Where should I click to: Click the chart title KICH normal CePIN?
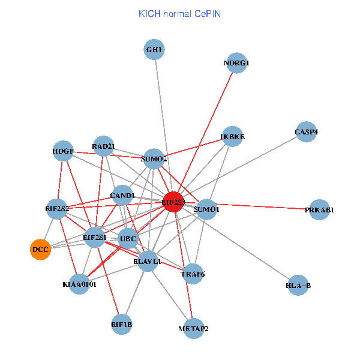(x=179, y=13)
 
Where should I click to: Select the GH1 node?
(x=154, y=49)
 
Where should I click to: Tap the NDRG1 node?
(x=236, y=63)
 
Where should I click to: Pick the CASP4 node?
(x=306, y=132)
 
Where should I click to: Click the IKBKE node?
(x=233, y=137)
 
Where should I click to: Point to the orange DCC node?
(x=40, y=249)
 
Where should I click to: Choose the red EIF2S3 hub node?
(x=173, y=202)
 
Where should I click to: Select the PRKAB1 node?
(x=319, y=210)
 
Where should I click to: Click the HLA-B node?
(x=298, y=286)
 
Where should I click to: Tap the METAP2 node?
(x=193, y=329)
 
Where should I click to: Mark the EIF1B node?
(x=121, y=325)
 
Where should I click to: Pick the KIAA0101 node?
(x=79, y=284)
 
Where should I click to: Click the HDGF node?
(x=63, y=151)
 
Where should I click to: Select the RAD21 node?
(x=103, y=146)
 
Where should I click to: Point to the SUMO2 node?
(x=154, y=159)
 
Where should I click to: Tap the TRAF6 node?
(x=193, y=274)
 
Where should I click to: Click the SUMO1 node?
(x=206, y=209)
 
